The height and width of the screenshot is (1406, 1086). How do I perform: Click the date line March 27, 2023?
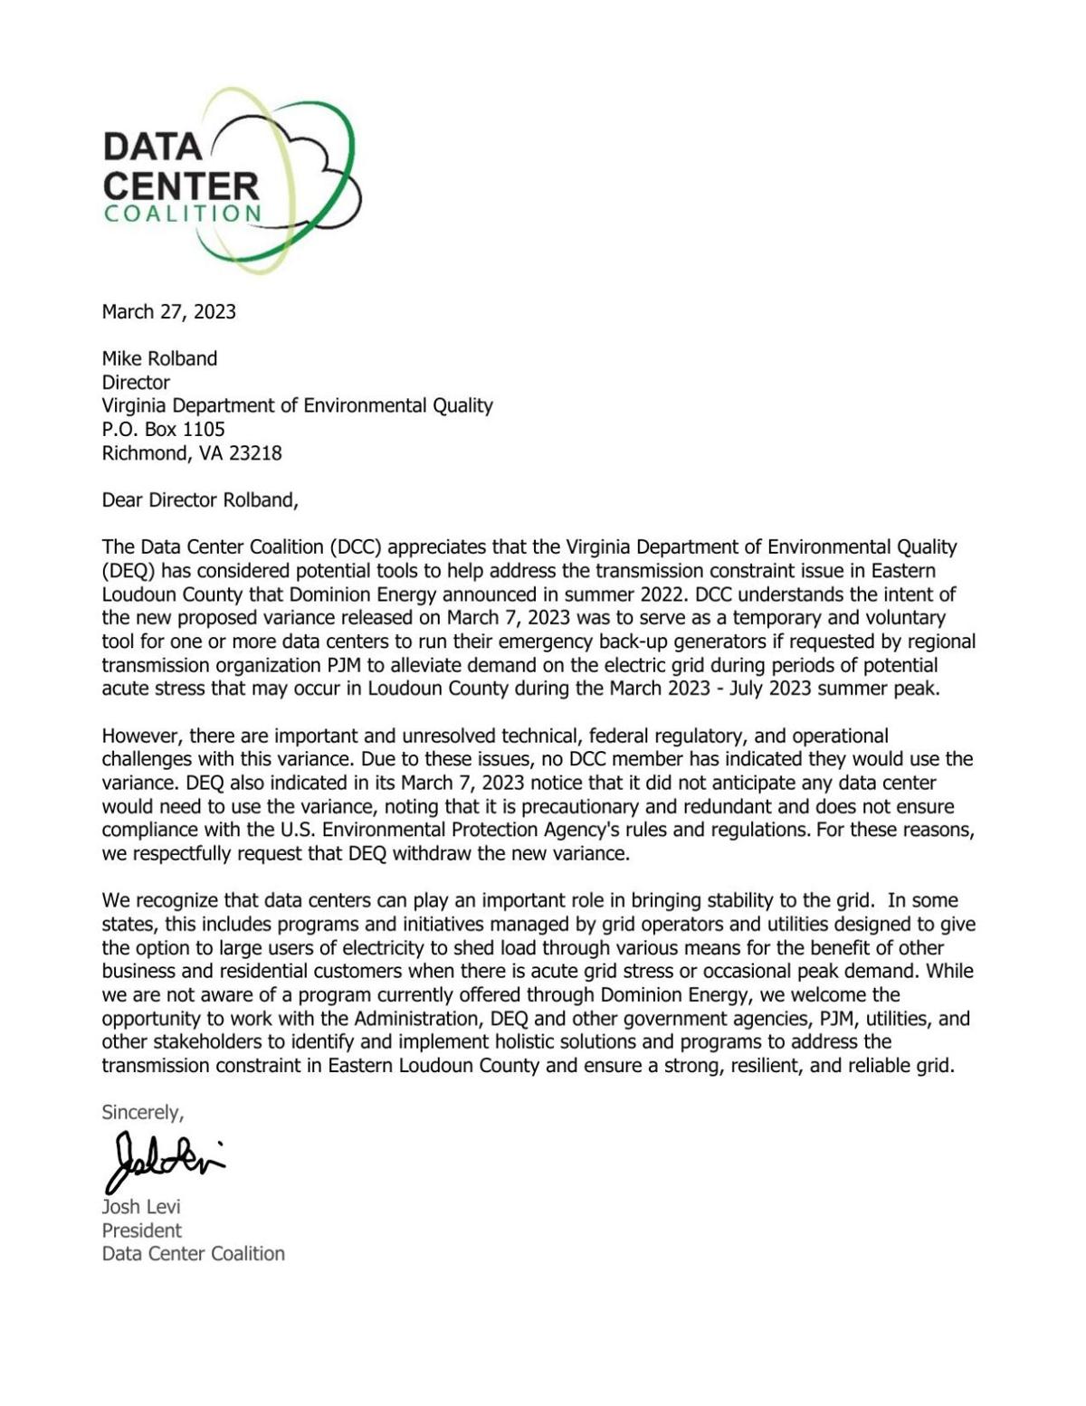(168, 312)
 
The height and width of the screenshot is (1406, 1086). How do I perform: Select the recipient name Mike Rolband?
(159, 358)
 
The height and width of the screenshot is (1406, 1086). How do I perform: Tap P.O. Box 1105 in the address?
(163, 429)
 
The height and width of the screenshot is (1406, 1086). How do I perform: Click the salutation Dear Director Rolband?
(199, 500)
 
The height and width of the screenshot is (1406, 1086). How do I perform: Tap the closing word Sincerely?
(142, 1112)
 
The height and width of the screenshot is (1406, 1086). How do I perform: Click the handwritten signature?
(163, 1158)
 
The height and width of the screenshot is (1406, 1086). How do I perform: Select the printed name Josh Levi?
(141, 1207)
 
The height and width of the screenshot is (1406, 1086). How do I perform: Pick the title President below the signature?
(141, 1230)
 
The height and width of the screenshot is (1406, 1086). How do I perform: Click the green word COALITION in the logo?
(183, 214)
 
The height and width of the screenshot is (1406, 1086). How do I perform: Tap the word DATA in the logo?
(152, 147)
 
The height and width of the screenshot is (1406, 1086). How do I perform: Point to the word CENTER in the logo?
(180, 185)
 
